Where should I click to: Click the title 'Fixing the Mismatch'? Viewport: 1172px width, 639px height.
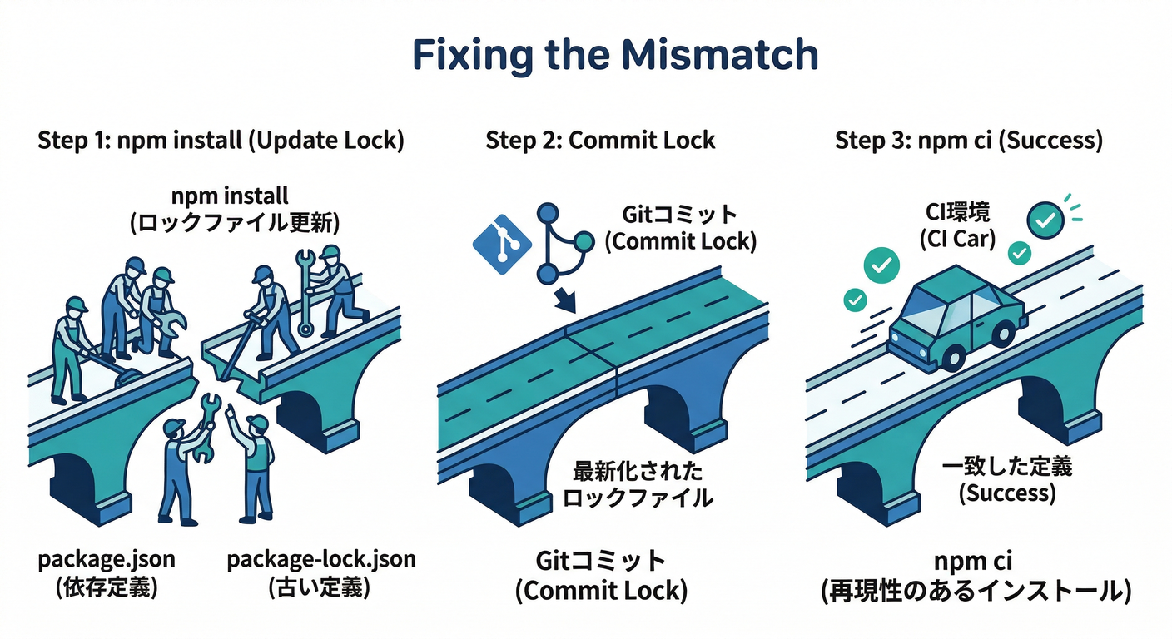[x=615, y=55]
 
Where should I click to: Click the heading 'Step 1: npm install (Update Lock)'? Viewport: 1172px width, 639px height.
[x=221, y=140]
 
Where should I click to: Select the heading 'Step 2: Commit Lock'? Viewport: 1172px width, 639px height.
[x=600, y=140]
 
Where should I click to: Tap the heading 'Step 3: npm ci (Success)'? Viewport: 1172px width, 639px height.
[x=969, y=140]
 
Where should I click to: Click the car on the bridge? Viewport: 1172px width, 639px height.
[x=955, y=321]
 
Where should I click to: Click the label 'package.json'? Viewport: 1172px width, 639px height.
[x=107, y=559]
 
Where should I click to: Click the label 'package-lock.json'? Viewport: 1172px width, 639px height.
[x=320, y=559]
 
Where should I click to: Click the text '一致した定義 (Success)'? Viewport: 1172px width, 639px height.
[x=1007, y=479]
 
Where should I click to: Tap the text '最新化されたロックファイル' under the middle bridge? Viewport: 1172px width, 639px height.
[x=638, y=485]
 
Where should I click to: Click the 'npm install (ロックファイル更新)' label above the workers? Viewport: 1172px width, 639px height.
[x=230, y=210]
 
